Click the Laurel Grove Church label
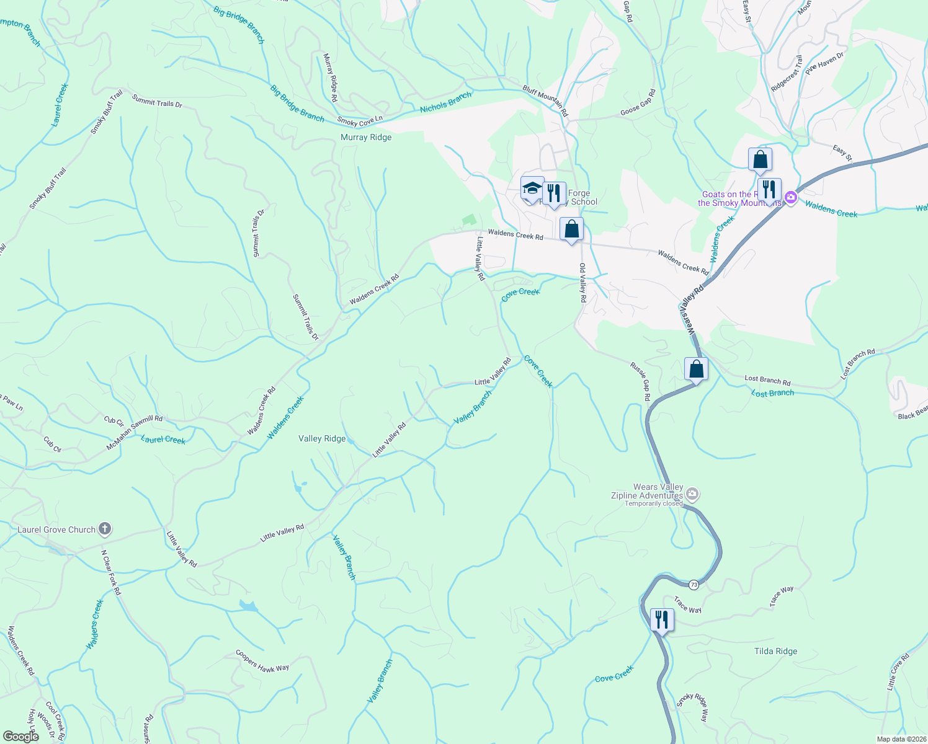pos(56,529)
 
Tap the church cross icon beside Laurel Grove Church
pos(105,529)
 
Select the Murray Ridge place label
pos(366,137)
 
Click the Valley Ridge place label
pos(322,438)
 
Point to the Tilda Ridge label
pos(775,651)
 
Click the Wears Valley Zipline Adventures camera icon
pos(693,494)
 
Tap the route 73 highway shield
pos(694,585)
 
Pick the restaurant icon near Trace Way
pos(662,619)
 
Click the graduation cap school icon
pos(532,188)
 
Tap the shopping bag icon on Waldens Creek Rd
pos(571,229)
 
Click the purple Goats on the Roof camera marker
pos(790,198)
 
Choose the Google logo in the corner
pos(20,737)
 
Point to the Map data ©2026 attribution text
pos(900,739)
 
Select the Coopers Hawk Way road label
pos(262,661)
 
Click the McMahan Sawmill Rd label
pos(135,432)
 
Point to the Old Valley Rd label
pos(583,283)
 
